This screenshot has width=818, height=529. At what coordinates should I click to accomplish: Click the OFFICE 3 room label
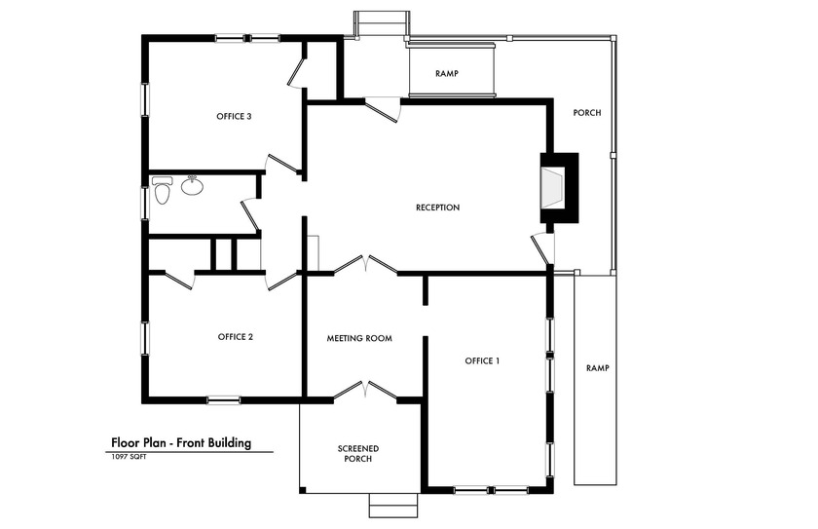pos(234,116)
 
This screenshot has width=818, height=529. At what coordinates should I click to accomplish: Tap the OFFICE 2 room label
pos(236,337)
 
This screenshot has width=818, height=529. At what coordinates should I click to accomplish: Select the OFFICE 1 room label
pos(482,360)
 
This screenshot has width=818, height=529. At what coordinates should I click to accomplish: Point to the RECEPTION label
pos(437,208)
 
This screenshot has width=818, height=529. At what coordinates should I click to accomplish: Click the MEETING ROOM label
pos(358,338)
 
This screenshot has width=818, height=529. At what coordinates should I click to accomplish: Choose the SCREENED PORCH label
pos(358,453)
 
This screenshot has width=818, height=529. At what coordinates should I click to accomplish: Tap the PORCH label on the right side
pos(586,113)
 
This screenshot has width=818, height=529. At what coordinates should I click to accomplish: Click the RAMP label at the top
pos(446,73)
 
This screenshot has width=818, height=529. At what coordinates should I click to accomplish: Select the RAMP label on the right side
pos(597,367)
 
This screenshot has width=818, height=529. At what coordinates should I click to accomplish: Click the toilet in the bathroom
pos(161,191)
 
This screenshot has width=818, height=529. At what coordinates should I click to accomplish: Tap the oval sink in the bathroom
pos(192,185)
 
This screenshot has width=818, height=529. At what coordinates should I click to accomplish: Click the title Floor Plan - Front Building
pos(181,442)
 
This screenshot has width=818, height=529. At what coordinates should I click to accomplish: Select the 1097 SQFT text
pos(130,457)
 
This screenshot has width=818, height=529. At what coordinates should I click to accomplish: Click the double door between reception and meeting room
pos(365,264)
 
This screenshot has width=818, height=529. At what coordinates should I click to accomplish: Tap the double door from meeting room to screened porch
pos(365,390)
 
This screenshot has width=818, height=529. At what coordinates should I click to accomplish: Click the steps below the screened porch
pos(394,505)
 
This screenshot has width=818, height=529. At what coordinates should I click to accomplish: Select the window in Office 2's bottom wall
pos(224,398)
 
